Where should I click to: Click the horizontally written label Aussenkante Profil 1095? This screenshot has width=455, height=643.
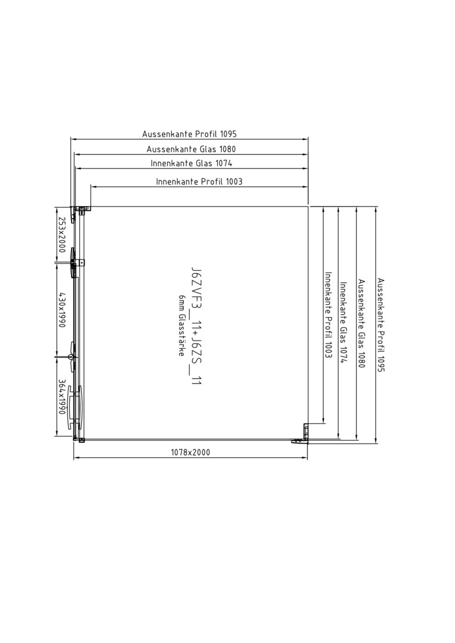click(189, 134)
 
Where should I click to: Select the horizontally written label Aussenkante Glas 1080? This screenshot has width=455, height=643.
click(191, 149)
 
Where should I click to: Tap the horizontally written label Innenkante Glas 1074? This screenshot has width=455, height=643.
click(191, 163)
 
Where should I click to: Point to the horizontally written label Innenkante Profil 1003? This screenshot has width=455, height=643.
click(199, 181)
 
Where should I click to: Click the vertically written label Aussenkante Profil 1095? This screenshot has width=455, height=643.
click(380, 325)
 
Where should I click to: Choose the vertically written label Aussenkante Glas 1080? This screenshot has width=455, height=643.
click(361, 323)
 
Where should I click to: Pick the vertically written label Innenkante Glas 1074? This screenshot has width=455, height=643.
click(343, 323)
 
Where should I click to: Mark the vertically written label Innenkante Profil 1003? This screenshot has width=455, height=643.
click(328, 315)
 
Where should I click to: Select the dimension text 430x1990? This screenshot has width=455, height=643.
click(61, 310)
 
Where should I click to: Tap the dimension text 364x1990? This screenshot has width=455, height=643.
click(61, 397)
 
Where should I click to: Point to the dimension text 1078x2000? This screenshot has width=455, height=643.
click(191, 452)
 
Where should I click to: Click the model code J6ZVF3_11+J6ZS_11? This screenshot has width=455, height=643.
click(196, 326)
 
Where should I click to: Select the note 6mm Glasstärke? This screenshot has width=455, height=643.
click(181, 325)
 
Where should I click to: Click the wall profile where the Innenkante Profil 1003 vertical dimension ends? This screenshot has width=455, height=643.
click(305, 430)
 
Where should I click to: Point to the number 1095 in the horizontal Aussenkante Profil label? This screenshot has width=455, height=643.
click(228, 134)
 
